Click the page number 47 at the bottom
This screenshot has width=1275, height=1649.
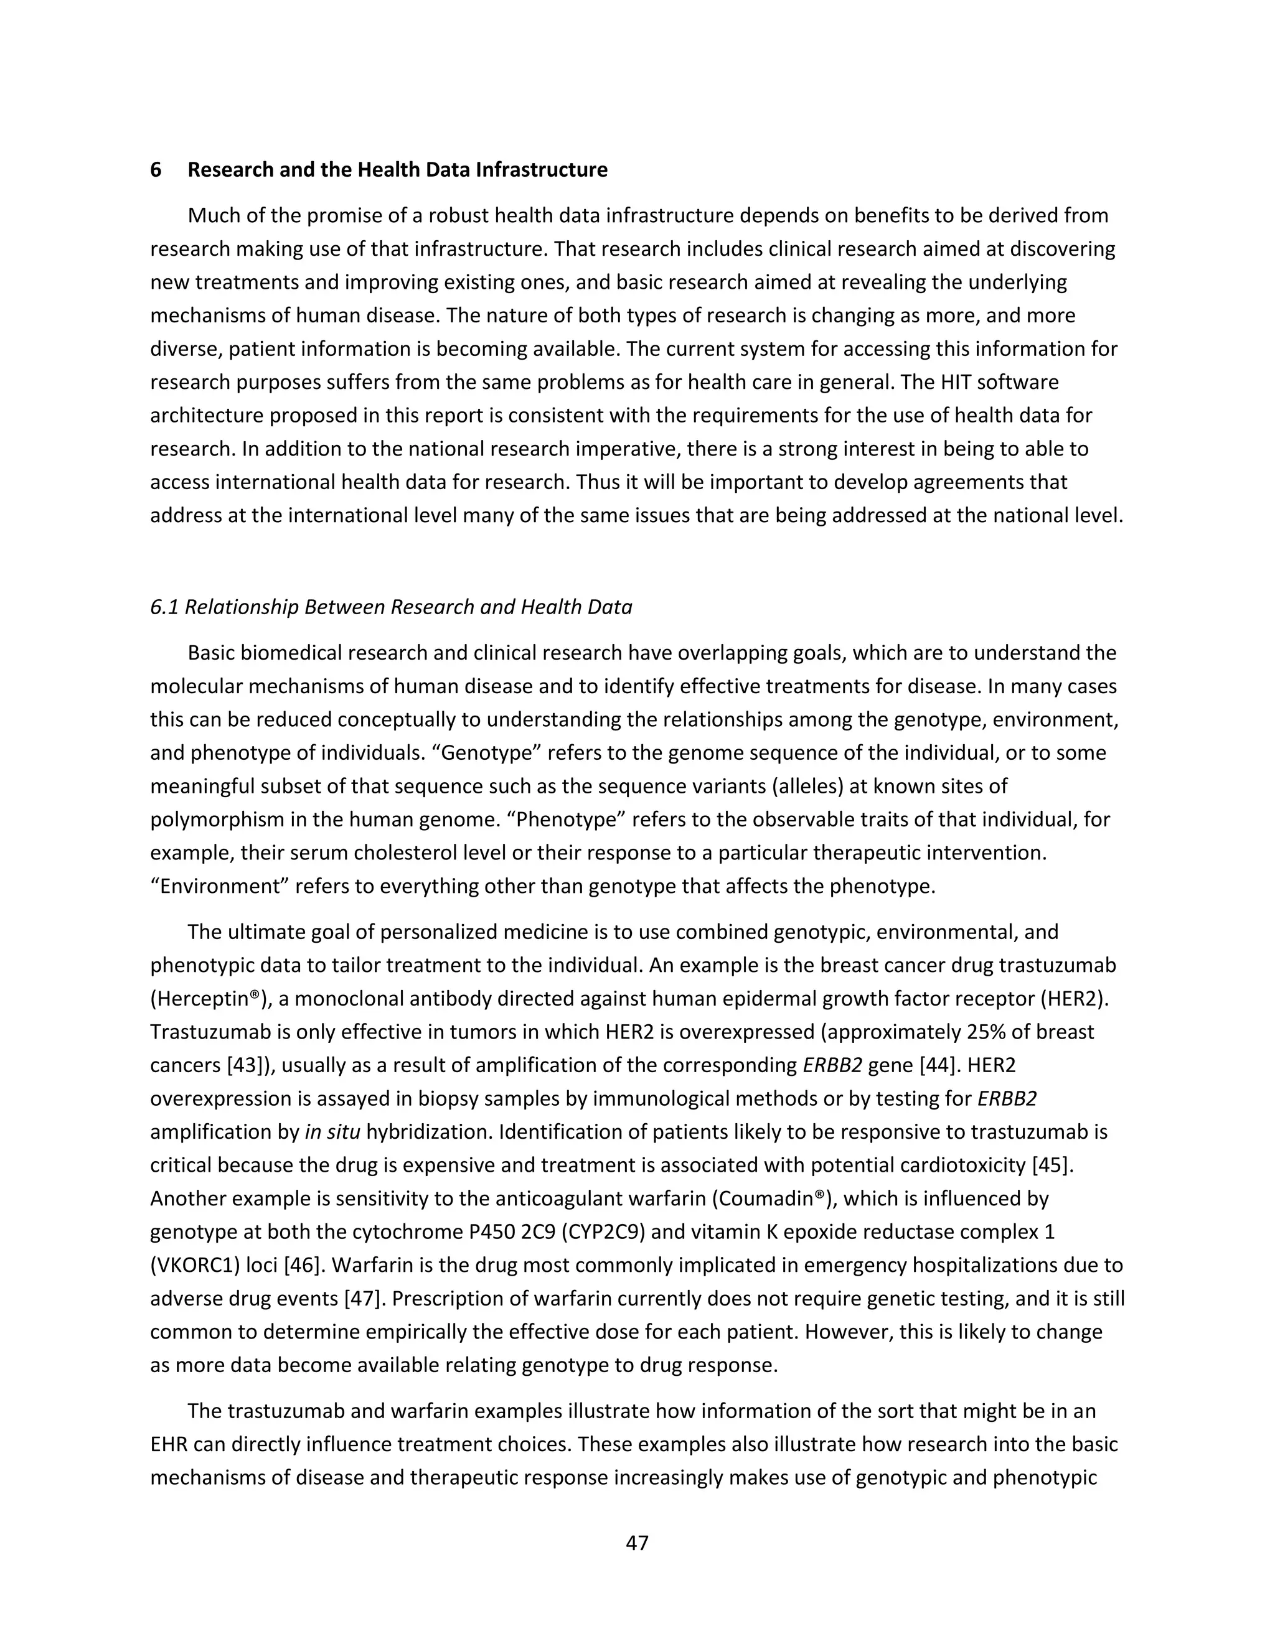[637, 1543]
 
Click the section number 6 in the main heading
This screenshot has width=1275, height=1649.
[156, 170]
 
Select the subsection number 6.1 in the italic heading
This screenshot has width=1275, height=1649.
[164, 607]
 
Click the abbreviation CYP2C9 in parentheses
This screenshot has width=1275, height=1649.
[602, 1231]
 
